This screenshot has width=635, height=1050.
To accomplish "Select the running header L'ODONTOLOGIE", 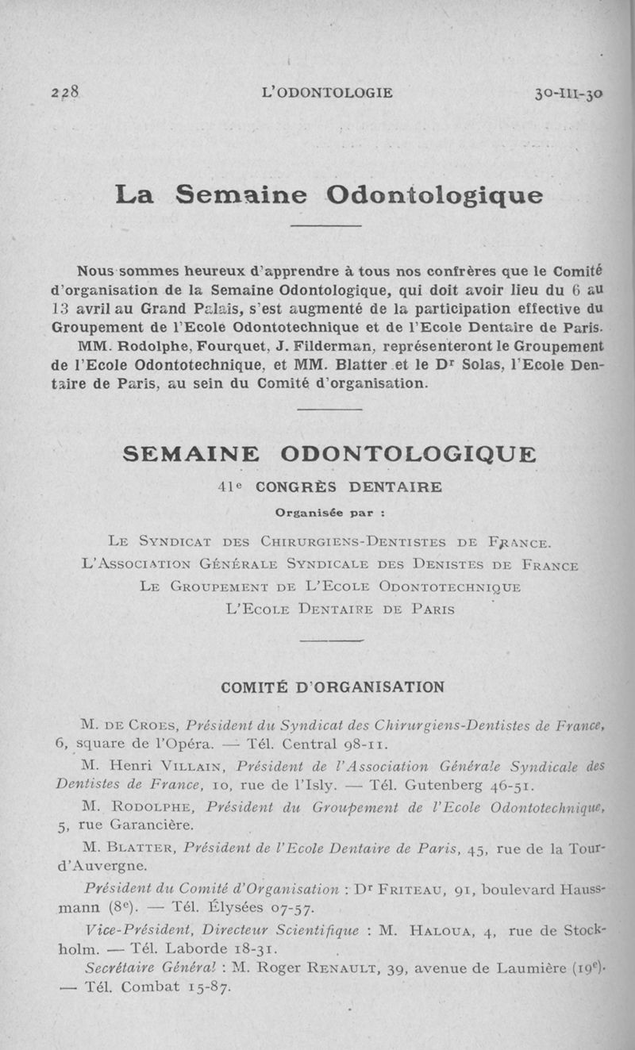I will (x=326, y=92).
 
